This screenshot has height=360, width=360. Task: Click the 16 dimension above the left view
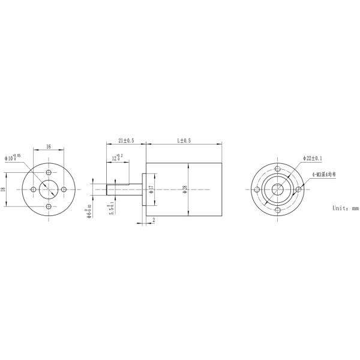tap(48, 145)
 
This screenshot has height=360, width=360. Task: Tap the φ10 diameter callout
tap(13, 158)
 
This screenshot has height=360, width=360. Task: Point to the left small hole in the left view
tap(32, 190)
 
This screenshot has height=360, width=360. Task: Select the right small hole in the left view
tap(64, 190)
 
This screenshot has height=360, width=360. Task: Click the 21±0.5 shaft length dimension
tap(126, 140)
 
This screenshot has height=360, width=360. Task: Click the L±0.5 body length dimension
tap(184, 140)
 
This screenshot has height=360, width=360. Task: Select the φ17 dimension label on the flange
tap(152, 190)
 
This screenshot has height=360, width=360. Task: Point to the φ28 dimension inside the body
tap(184, 190)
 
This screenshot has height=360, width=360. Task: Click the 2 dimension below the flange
tap(154, 221)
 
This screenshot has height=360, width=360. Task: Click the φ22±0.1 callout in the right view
tap(313, 158)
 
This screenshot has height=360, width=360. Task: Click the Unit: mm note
tap(345, 208)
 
